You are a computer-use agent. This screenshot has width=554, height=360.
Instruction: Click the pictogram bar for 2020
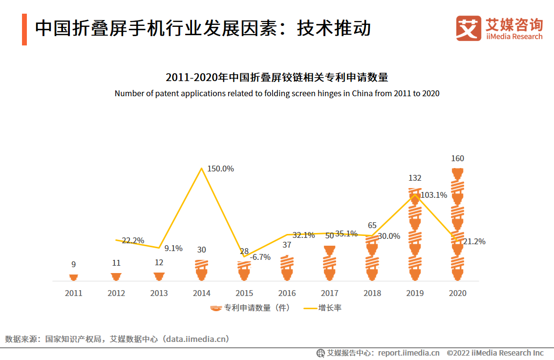coord(458,225)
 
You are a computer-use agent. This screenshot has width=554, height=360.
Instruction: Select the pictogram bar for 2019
coord(415,234)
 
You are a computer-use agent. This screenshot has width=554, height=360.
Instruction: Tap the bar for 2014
coord(201,270)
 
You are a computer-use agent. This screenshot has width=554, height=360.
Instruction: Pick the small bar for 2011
coord(73,277)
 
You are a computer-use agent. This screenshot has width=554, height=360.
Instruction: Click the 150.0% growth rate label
coord(220,169)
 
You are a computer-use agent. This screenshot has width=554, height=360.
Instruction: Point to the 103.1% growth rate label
coord(434,195)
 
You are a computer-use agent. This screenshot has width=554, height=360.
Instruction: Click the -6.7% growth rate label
coord(260,257)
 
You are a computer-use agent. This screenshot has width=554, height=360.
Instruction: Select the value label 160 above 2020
coord(458,158)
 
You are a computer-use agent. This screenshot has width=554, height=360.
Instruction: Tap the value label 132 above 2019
coord(415,178)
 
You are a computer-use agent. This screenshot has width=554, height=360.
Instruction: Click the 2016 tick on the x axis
coord(287,293)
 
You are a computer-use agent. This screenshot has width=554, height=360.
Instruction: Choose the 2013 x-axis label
coord(159,293)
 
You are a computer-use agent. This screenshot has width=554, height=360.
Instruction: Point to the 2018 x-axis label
coord(372,293)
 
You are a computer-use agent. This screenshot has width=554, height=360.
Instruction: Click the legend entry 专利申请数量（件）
coord(250,308)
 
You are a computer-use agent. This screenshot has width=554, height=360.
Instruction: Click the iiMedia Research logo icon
coord(469,28)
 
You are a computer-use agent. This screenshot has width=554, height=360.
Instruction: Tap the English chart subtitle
coord(277,93)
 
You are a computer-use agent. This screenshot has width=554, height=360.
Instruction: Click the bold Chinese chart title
coord(277,77)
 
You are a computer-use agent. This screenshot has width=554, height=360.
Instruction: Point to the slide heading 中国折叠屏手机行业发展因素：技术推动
coord(203,28)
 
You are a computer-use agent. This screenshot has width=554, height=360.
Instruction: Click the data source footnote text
coord(117,339)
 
